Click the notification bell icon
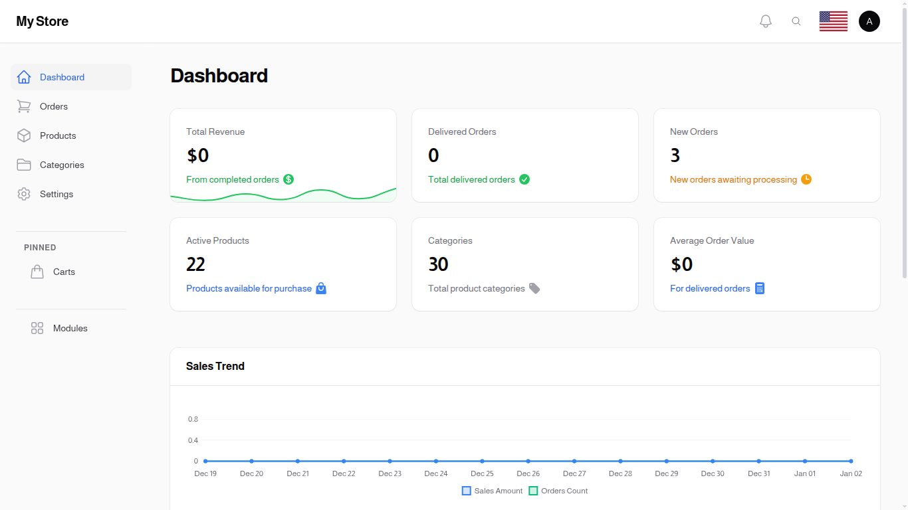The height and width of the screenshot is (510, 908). pos(766,21)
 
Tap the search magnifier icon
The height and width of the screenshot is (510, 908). pos(796,21)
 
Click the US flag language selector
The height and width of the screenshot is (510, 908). pos(833,21)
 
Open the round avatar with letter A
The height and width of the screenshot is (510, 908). pos(869,21)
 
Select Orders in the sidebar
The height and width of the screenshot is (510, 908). pos(53,106)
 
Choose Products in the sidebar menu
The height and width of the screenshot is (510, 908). pos(58,135)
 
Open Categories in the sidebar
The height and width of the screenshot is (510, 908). pos(62,165)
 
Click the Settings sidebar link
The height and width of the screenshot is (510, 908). pos(57,194)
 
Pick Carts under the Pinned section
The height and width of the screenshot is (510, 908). pos(64,272)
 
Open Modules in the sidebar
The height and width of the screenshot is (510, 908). pos(70,328)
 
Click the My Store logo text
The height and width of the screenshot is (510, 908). pos(43,21)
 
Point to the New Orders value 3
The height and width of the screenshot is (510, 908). pos(675,155)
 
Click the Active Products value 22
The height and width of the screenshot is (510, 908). pos(195,264)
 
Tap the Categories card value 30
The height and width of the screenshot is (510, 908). pos(438,264)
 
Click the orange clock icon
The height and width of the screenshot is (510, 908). pos(806,179)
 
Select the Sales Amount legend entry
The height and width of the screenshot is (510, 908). pos(493,491)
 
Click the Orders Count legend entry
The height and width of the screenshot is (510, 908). pos(558,491)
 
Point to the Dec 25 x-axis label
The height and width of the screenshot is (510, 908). pos(482,473)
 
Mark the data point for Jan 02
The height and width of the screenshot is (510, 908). pos(851,461)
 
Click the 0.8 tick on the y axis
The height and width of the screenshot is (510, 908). pos(193,419)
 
